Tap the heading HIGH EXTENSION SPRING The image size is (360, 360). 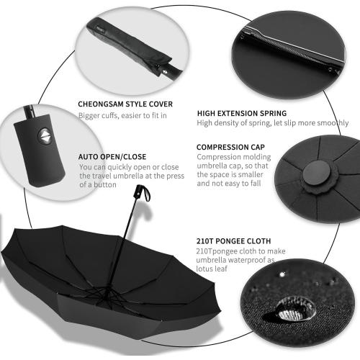(x=241, y=113)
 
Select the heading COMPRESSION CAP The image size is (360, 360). (x=230, y=146)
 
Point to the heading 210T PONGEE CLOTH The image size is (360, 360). (x=233, y=240)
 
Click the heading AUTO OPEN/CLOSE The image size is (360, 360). (x=113, y=156)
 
